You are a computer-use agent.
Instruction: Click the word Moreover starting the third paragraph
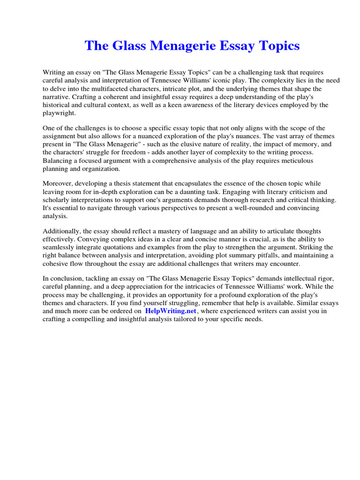click(59, 183)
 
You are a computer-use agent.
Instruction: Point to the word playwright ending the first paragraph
click(59, 113)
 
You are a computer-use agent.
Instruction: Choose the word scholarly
click(57, 200)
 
